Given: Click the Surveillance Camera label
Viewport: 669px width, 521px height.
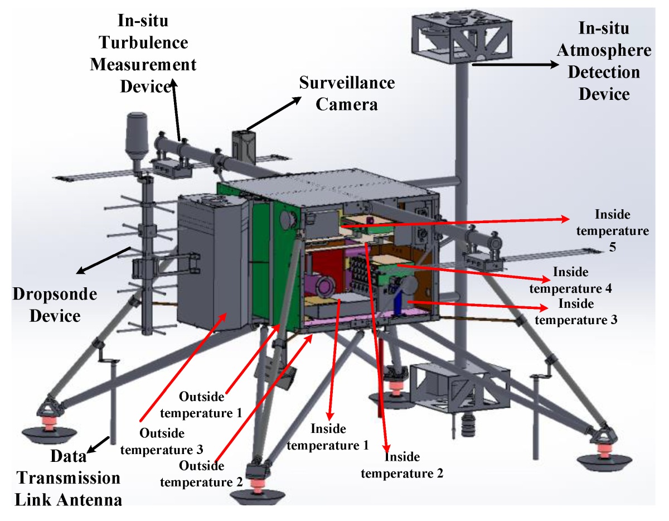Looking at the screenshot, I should pyautogui.click(x=347, y=93).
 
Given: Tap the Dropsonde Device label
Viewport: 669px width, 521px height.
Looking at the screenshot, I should pyautogui.click(x=47, y=305).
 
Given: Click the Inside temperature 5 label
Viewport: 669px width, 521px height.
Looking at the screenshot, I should pyautogui.click(x=622, y=230).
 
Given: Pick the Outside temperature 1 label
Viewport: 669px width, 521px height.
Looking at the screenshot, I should pyautogui.click(x=210, y=404).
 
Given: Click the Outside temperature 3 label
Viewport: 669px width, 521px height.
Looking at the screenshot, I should pyautogui.click(x=171, y=441).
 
